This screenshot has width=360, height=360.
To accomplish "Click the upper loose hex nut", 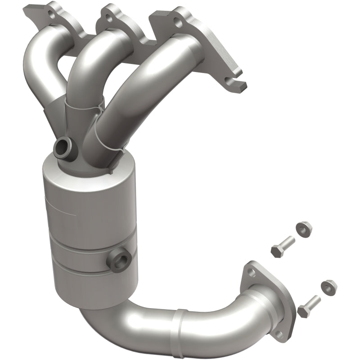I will tap(304, 229).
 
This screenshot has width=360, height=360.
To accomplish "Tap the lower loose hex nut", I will tap(329, 285).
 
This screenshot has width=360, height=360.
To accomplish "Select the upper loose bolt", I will tap(283, 244).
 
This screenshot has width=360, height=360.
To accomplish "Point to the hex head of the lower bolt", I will tap(303, 310).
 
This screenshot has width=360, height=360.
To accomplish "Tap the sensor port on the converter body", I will tap(120, 261).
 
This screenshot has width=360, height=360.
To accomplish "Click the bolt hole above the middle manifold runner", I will tap(108, 18).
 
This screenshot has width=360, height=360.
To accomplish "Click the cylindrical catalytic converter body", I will tap(90, 225).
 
